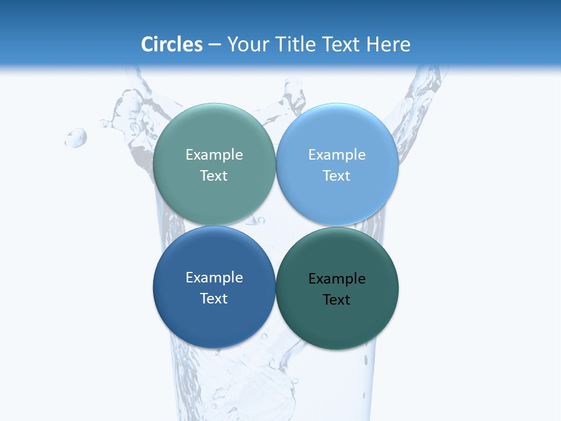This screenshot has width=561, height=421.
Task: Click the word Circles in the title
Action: [172, 44]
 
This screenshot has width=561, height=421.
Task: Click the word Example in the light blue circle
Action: [337, 155]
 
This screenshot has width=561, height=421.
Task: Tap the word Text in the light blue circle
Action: [337, 176]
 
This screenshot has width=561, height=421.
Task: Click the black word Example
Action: [337, 279]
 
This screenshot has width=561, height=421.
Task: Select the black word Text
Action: [337, 300]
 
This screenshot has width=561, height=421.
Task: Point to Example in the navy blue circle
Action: [214, 278]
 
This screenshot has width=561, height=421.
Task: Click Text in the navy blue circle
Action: [214, 299]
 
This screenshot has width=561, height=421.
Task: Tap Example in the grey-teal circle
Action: [214, 155]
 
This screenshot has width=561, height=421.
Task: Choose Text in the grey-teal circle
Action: [214, 176]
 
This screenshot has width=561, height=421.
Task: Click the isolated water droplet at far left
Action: [76, 138]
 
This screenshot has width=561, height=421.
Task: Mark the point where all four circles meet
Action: [275, 226]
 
